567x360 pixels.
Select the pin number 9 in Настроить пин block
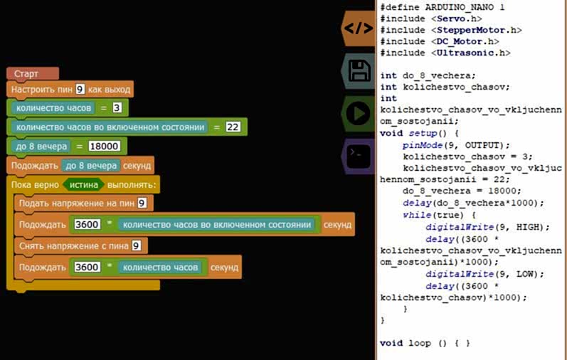click(x=80, y=90)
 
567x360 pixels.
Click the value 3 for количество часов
click(x=117, y=108)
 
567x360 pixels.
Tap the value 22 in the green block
click(x=233, y=127)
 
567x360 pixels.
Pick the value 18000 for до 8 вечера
click(x=105, y=147)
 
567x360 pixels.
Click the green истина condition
click(x=83, y=184)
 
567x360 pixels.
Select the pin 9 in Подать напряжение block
click(x=142, y=203)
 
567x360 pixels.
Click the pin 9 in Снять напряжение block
click(x=136, y=245)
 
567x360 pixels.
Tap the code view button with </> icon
click(x=358, y=28)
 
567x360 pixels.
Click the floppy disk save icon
click(x=358, y=70)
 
